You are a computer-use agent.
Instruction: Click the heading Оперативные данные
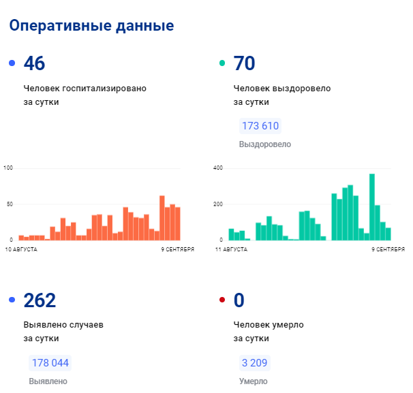[91, 26]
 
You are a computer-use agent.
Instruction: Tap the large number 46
[34, 63]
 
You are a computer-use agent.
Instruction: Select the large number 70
[244, 63]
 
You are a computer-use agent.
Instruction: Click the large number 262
[40, 300]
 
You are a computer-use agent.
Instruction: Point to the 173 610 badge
[260, 126]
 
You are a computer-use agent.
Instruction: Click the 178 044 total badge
[50, 363]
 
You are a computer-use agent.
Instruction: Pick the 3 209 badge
[254, 363]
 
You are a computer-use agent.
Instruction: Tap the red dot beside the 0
[222, 300]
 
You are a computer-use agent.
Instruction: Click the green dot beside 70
[222, 63]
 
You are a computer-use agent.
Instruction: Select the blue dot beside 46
[12, 63]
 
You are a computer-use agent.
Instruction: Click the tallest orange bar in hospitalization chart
[162, 218]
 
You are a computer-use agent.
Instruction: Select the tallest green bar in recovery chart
[372, 207]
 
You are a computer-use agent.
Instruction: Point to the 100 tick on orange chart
[8, 168]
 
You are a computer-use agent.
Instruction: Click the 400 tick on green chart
[218, 168]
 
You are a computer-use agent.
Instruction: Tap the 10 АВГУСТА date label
[21, 249]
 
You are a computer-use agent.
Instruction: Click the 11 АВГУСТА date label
[231, 249]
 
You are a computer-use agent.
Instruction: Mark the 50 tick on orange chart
[10, 204]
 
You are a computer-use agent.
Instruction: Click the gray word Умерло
[253, 381]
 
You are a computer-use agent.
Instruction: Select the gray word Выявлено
[48, 381]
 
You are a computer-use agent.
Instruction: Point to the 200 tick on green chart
[218, 204]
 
